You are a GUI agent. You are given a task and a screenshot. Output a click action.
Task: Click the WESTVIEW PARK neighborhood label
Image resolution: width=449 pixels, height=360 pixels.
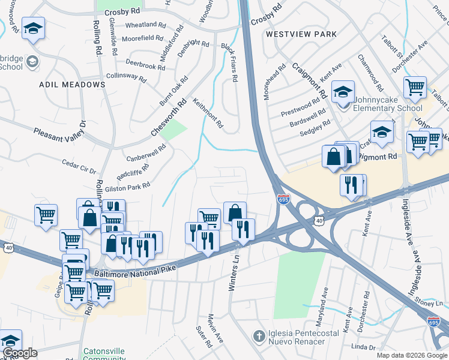[x=301, y=34]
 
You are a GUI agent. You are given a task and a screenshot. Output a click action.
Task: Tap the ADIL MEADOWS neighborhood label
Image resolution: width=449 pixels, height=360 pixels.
[x=72, y=85]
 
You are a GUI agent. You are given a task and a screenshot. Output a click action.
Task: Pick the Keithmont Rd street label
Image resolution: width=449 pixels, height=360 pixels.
[x=208, y=113]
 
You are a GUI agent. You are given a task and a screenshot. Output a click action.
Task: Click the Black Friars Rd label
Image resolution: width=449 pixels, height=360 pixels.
[x=230, y=62]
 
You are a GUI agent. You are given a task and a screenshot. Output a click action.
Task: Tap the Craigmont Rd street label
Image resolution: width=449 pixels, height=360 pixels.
[x=310, y=80]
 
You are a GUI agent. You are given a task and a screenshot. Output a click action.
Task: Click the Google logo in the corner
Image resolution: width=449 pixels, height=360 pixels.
[x=19, y=353]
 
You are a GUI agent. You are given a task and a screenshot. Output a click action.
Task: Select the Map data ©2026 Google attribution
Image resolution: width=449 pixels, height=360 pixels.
[x=412, y=355]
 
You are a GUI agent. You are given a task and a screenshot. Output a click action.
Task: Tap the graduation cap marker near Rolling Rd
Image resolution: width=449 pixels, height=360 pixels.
[x=34, y=28]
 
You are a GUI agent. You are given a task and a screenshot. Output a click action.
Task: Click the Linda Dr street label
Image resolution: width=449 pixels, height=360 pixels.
[x=363, y=347]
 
